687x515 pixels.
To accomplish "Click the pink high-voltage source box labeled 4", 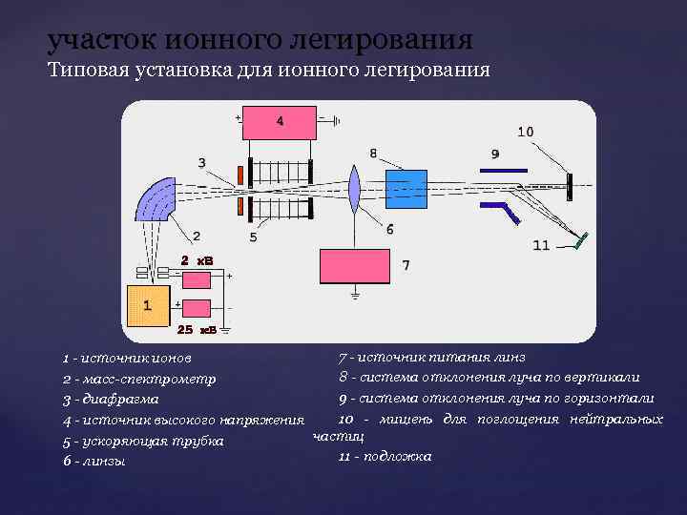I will pyautogui.click(x=280, y=122).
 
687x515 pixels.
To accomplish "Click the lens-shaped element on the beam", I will pyautogui.click(x=353, y=191).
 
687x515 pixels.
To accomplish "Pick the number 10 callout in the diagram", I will pyautogui.click(x=526, y=131).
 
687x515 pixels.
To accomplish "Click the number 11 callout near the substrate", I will pyautogui.click(x=541, y=245).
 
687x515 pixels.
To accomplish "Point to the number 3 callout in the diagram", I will pyautogui.click(x=201, y=162).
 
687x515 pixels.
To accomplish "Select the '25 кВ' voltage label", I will pyautogui.click(x=197, y=329).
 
